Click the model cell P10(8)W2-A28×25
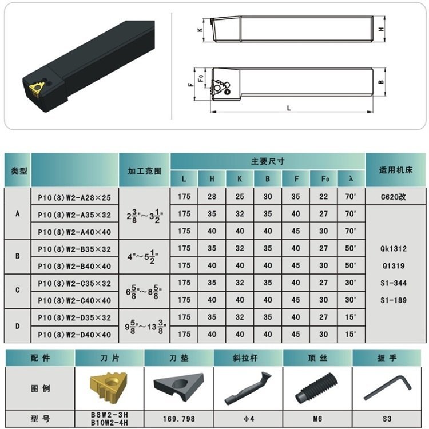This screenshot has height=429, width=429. (74, 197)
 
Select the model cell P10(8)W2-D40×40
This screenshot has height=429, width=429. (74, 335)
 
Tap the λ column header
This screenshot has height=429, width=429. (351, 178)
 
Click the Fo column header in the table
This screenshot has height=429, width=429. (323, 178)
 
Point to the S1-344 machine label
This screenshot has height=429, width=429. (394, 283)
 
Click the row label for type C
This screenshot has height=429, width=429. (18, 290)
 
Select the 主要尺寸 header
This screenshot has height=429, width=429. (268, 161)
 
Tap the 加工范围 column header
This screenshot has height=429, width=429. (145, 170)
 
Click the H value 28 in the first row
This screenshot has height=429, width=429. (212, 196)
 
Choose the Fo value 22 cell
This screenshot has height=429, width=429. (323, 196)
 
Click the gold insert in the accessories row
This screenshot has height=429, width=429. (109, 386)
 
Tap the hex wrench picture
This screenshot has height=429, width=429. (388, 388)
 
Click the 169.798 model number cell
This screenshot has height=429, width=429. (179, 419)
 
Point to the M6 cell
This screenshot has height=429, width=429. (317, 419)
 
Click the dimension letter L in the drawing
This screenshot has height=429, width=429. (289, 108)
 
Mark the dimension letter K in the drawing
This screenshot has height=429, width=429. (200, 29)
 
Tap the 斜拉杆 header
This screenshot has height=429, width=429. (245, 358)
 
